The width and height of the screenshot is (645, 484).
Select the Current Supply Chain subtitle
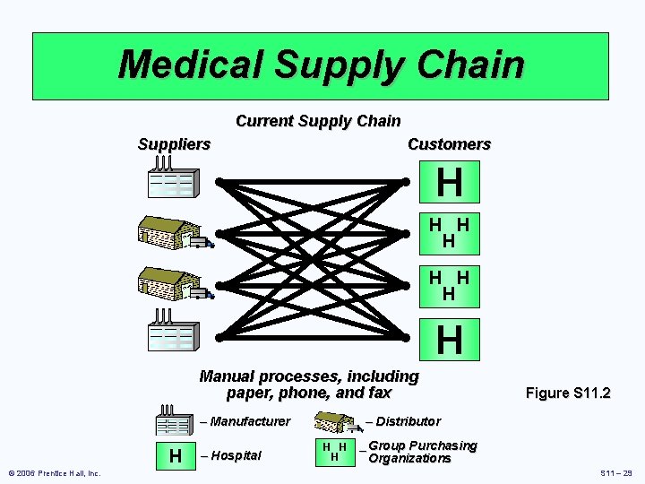coord(318,120)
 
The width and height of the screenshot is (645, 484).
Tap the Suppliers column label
coord(174,143)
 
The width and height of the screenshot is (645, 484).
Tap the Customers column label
coord(449,143)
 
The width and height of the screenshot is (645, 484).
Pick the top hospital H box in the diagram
coord(450,183)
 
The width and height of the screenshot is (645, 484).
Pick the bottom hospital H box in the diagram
coord(450,340)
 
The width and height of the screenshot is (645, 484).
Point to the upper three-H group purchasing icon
coord(449,231)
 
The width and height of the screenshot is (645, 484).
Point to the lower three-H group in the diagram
coord(449,283)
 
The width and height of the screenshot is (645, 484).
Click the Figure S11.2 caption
coord(568,393)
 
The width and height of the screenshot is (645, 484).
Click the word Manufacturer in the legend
coord(250,421)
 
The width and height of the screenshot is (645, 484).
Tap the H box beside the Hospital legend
coord(174,455)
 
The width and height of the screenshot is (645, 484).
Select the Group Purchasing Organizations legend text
coord(421,452)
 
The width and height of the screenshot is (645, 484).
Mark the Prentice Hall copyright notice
coord(55,472)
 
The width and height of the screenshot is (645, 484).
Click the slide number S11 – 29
coord(615,472)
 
